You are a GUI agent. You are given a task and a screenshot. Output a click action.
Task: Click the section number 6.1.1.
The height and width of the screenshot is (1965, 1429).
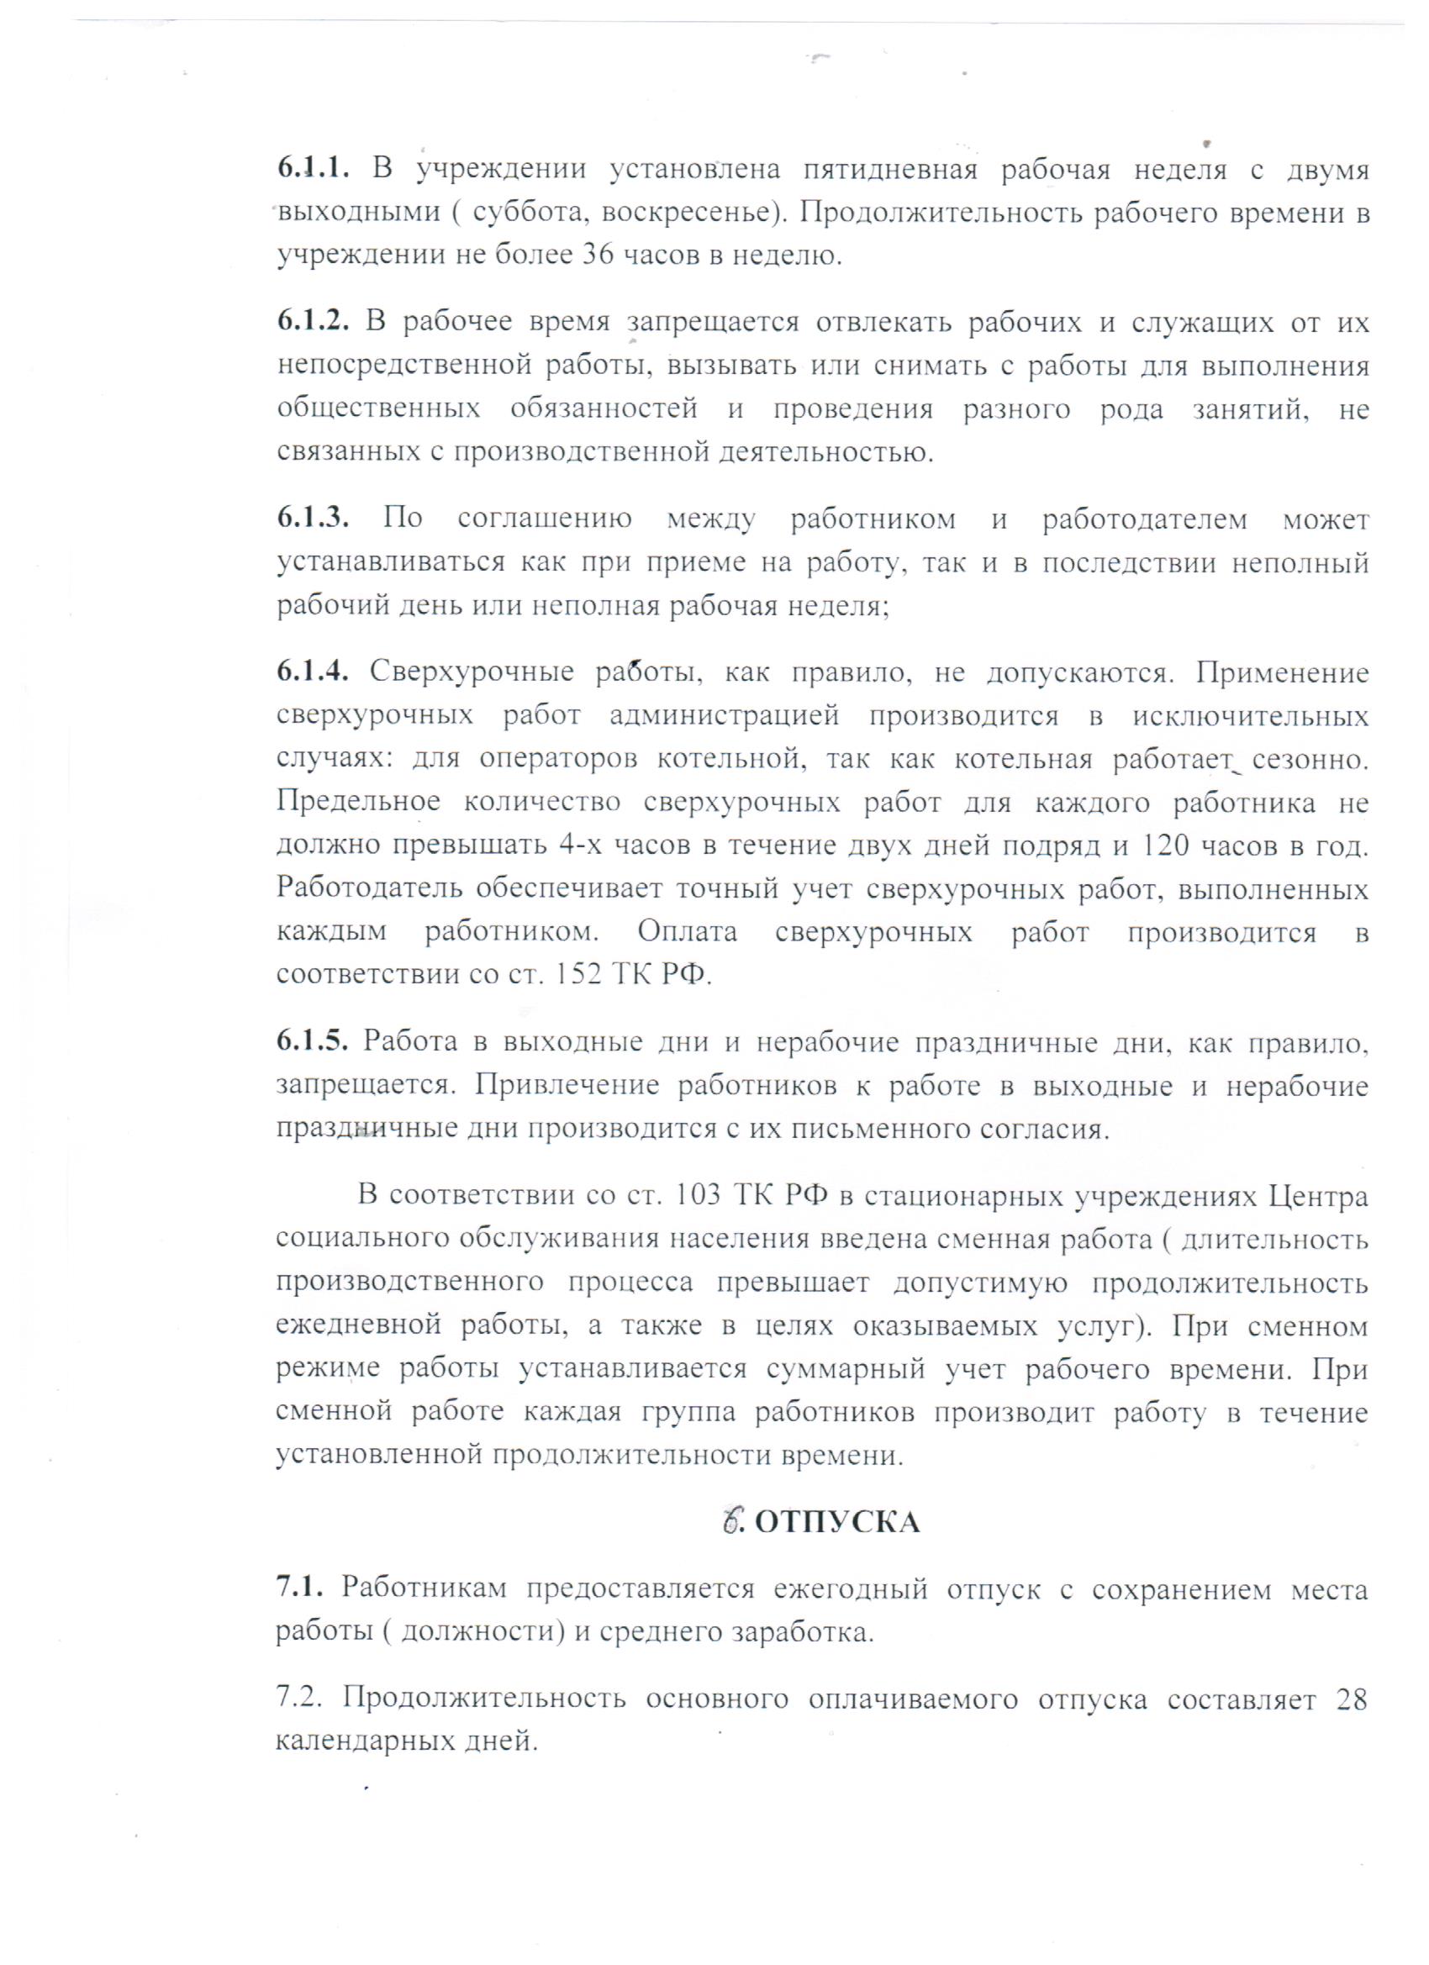coord(313,169)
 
